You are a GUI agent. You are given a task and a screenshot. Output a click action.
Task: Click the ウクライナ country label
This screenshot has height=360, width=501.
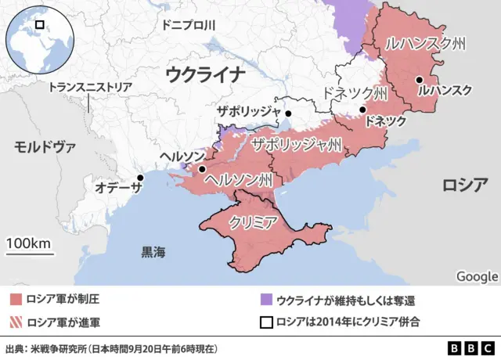206,75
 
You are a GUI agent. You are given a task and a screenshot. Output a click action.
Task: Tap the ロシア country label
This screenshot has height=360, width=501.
465,185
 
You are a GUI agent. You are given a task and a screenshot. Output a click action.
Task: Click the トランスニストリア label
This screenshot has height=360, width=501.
91,88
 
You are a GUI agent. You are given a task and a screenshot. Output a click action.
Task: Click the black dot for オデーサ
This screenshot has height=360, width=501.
141,178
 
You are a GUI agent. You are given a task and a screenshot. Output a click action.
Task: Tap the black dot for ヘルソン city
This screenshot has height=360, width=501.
202,169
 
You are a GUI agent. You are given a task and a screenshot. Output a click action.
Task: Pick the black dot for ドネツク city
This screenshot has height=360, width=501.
362,110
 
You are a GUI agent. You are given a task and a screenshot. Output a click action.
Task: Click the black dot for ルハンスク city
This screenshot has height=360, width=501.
420,79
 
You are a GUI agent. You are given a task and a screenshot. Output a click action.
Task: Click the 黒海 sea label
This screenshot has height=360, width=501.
153,252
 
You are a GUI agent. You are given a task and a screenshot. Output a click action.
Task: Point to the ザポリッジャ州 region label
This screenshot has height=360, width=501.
296,144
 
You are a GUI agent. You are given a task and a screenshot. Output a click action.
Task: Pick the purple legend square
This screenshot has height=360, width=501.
266,299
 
